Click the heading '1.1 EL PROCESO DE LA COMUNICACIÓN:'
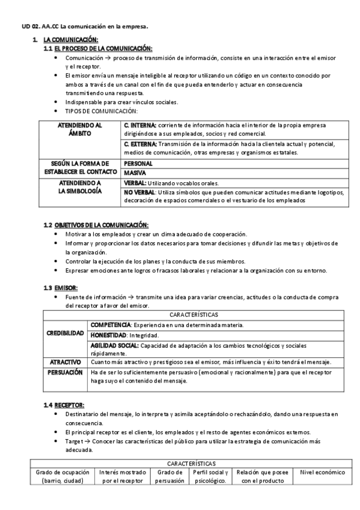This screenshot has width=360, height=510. click(98, 48)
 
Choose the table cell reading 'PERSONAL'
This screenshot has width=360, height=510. click(139, 163)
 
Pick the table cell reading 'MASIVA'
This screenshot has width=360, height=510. click(135, 173)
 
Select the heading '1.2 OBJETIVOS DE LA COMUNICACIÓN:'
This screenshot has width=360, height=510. click(96, 225)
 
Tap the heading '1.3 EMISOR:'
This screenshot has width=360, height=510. click(60, 288)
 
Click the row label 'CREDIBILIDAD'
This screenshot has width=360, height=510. click(66, 333)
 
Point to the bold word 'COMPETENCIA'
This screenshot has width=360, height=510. click(112, 325)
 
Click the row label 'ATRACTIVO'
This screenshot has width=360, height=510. click(66, 363)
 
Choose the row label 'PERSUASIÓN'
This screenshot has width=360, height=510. click(66, 373)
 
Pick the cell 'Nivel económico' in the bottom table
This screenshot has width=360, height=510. click(322, 473)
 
